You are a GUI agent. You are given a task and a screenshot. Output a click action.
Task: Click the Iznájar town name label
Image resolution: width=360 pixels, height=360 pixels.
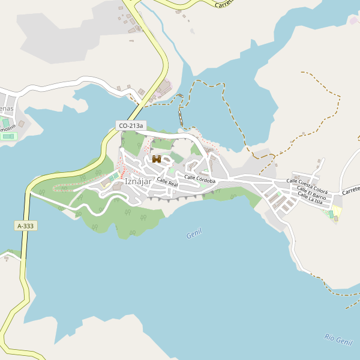(137, 182)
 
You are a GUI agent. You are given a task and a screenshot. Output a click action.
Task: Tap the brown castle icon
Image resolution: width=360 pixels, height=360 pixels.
(157, 159)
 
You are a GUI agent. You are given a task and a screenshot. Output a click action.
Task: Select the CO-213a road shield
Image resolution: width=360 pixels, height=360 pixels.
(131, 125)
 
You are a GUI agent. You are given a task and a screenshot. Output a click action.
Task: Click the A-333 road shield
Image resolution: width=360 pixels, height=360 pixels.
(25, 226)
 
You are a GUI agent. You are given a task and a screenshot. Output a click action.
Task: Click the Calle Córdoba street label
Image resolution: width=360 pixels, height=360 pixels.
(200, 179)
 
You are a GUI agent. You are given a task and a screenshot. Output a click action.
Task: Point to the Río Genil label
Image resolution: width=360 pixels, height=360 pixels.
(338, 340)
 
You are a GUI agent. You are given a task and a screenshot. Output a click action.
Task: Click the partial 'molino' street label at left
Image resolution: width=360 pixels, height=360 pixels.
(7, 128)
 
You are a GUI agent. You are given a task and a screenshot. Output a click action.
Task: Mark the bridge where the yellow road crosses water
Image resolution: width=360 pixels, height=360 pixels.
(137, 110)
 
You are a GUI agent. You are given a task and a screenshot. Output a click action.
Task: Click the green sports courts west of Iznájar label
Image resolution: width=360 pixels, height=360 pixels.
(113, 176)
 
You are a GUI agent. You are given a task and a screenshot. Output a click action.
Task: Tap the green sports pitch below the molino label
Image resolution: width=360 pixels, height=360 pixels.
(7, 137)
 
